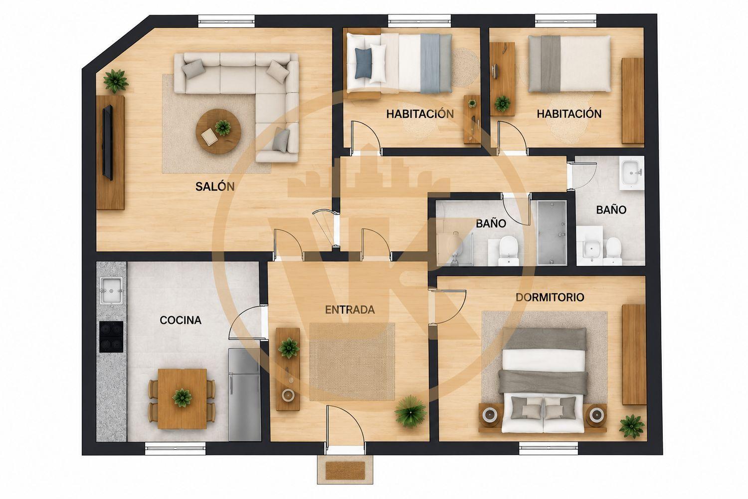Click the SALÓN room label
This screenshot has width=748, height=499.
(215, 186)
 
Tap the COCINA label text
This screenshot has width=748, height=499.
(181, 320)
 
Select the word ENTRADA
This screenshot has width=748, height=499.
(350, 310)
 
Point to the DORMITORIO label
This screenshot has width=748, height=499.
(550, 297)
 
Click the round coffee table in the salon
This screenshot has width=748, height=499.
(218, 131)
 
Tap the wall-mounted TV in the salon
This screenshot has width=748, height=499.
(108, 142)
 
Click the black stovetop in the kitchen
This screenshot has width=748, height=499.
(111, 337)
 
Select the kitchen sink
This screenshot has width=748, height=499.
(112, 290)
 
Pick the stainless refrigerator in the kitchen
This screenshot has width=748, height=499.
(244, 394)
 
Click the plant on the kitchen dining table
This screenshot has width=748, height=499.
(182, 398)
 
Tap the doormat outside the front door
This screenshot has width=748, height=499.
(345, 470)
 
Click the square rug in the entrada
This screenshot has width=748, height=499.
(352, 362)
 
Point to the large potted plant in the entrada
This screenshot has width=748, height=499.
(410, 412)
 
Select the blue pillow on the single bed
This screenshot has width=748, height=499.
(363, 63)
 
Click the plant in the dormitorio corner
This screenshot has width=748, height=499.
(631, 426)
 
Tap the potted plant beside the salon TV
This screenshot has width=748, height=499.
(116, 81)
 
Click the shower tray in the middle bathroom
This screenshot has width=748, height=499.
(552, 233)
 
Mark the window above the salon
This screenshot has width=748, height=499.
(227, 21)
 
